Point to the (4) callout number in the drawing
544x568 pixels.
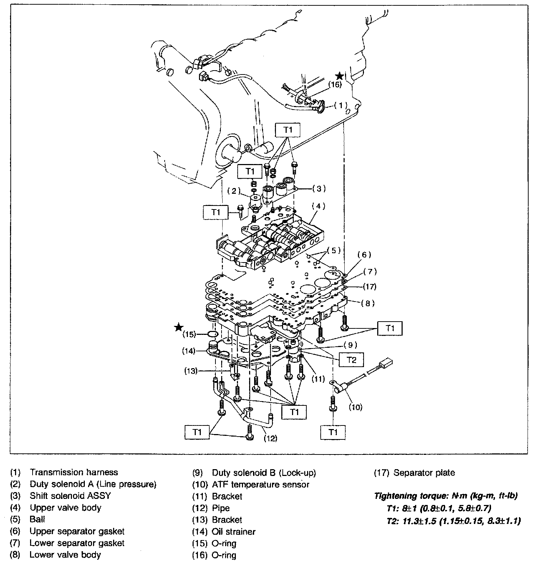click(318, 206)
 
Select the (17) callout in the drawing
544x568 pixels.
click(369, 287)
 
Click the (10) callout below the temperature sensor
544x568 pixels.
click(355, 407)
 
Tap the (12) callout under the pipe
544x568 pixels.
click(270, 438)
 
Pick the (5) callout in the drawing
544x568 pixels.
click(334, 250)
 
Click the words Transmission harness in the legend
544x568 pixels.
click(74, 472)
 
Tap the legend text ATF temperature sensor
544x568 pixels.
click(261, 485)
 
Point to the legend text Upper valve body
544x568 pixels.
click(65, 508)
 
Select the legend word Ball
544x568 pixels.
click(37, 519)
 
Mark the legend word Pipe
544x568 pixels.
click(221, 508)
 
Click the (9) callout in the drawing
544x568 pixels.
click(350, 345)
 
